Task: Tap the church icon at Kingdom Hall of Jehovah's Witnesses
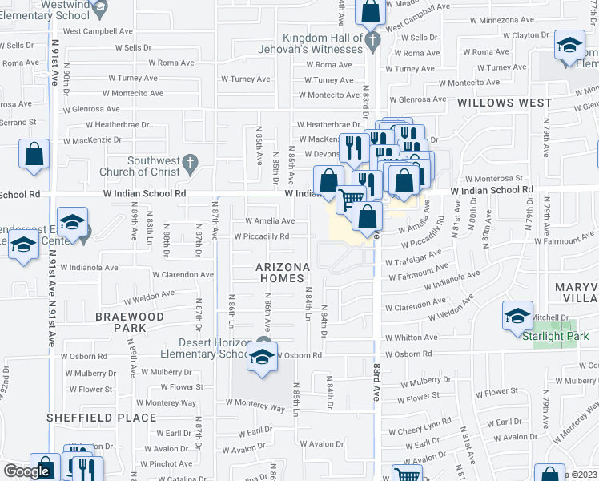click(371, 39)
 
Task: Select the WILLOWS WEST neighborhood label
click(505, 103)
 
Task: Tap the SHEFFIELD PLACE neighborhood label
click(101, 417)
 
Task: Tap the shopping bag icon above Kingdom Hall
click(371, 11)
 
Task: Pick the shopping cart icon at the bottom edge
click(408, 475)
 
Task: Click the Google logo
click(26, 471)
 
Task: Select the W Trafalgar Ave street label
click(413, 258)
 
